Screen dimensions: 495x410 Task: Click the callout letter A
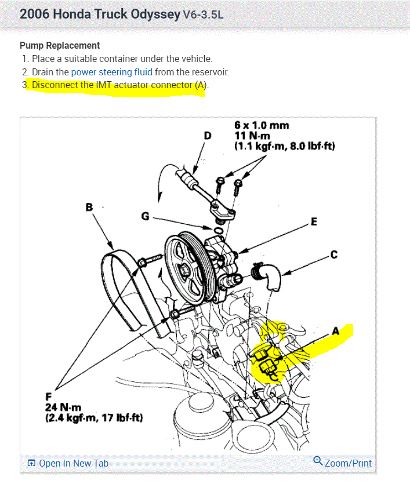[335, 331]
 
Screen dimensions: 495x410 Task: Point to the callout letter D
[208, 135]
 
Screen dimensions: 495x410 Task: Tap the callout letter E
[314, 221]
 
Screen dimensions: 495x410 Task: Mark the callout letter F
[49, 396]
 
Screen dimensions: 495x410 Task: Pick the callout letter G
[145, 216]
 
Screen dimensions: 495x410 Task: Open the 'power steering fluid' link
[112, 72]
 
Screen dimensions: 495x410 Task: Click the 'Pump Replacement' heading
[60, 45]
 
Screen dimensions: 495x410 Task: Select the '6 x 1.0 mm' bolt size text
[262, 125]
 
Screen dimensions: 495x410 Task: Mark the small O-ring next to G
[217, 231]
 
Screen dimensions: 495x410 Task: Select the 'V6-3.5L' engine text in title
[203, 14]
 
